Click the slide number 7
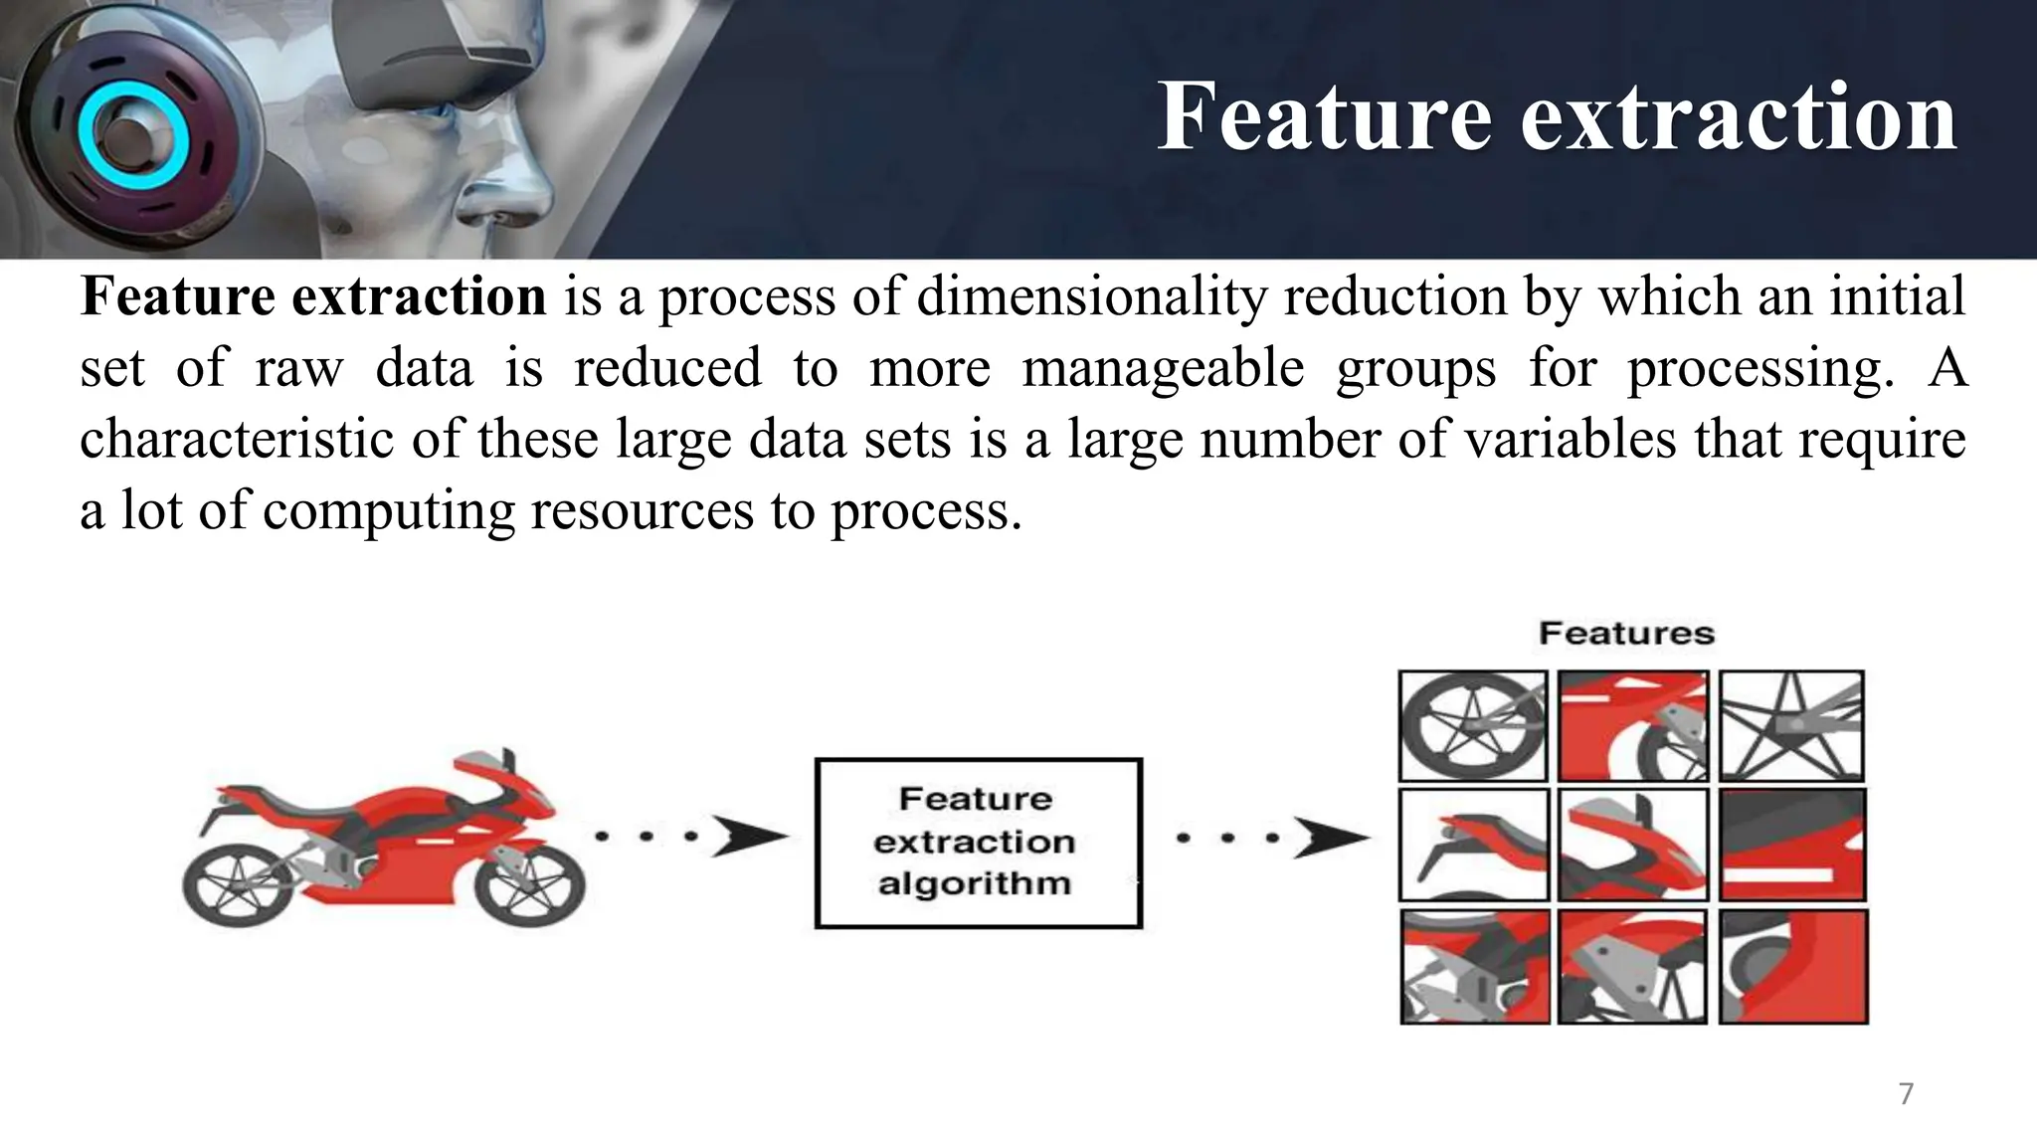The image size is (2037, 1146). (x=1906, y=1093)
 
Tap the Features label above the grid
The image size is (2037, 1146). (x=1626, y=634)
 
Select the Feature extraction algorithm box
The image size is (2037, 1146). (x=978, y=844)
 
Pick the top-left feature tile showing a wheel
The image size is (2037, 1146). (x=1473, y=725)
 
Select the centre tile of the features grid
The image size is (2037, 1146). (x=1632, y=845)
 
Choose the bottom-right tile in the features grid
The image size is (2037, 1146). (x=1793, y=966)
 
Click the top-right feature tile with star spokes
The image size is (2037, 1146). (x=1791, y=725)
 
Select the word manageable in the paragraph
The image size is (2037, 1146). (x=1163, y=368)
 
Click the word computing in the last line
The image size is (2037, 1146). (x=389, y=511)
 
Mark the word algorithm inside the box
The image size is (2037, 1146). (x=974, y=883)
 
